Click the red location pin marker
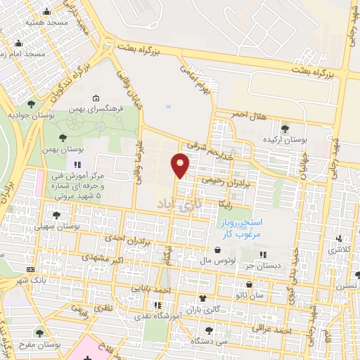point(181,165)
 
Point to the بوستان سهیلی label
point(56,226)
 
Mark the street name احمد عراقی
point(273,330)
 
